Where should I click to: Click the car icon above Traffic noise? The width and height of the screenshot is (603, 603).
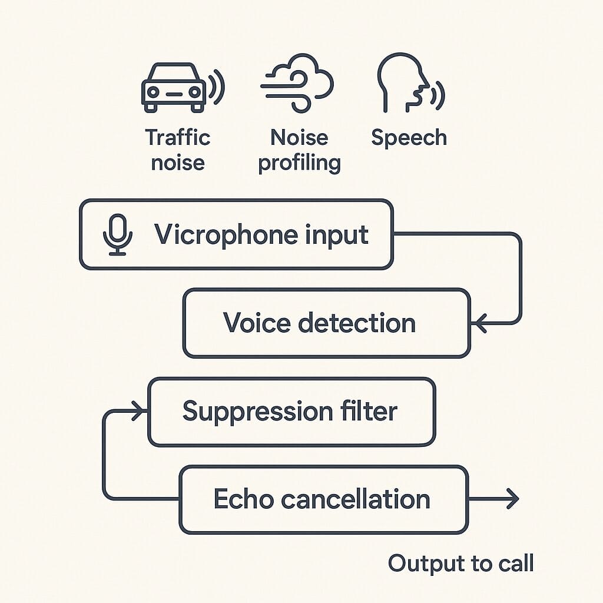pyautogui.click(x=173, y=88)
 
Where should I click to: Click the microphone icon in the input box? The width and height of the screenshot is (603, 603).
pyautogui.click(x=118, y=234)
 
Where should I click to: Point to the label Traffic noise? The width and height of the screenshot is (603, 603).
pyautogui.click(x=178, y=150)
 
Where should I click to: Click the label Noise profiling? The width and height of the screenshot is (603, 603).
pyautogui.click(x=300, y=150)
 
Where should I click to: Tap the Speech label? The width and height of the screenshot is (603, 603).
pyautogui.click(x=409, y=138)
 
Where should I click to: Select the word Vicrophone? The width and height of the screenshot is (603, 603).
pyautogui.click(x=217, y=235)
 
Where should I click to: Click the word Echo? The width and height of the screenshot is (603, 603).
pyautogui.click(x=243, y=499)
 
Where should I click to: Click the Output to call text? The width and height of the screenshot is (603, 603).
pyautogui.click(x=460, y=564)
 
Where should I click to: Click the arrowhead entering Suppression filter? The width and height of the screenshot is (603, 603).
pyautogui.click(x=139, y=411)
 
